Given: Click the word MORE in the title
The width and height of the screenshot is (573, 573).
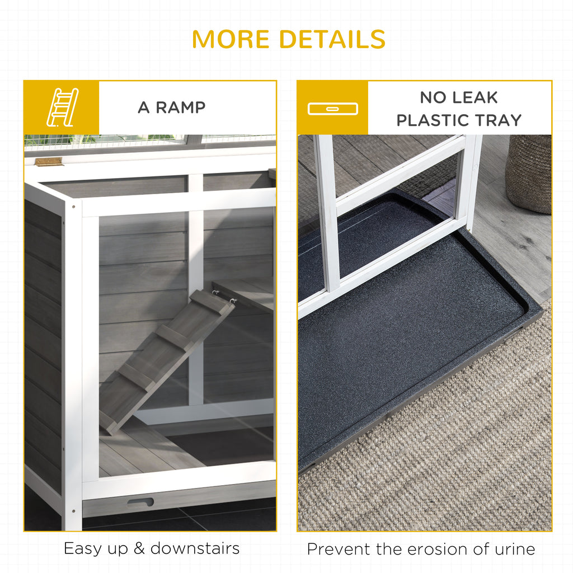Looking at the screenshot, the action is click(231, 39).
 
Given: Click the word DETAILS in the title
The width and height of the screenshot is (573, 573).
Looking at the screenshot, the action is click(332, 39).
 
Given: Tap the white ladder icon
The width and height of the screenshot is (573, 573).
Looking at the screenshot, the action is click(63, 107).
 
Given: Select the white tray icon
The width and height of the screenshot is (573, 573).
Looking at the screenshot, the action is click(332, 109).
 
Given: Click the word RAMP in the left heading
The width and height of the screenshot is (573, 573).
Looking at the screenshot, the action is click(181, 107).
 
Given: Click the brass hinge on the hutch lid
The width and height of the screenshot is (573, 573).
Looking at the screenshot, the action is click(49, 162).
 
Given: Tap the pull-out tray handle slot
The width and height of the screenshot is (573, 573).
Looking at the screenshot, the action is click(140, 502).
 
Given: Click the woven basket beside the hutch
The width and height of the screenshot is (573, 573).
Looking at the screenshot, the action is click(528, 173).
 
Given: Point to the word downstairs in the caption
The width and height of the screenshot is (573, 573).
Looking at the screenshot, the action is click(195, 548).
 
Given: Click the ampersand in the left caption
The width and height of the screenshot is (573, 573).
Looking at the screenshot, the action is click(139, 549).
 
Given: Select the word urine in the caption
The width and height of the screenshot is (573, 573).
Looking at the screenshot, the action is click(515, 549).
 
